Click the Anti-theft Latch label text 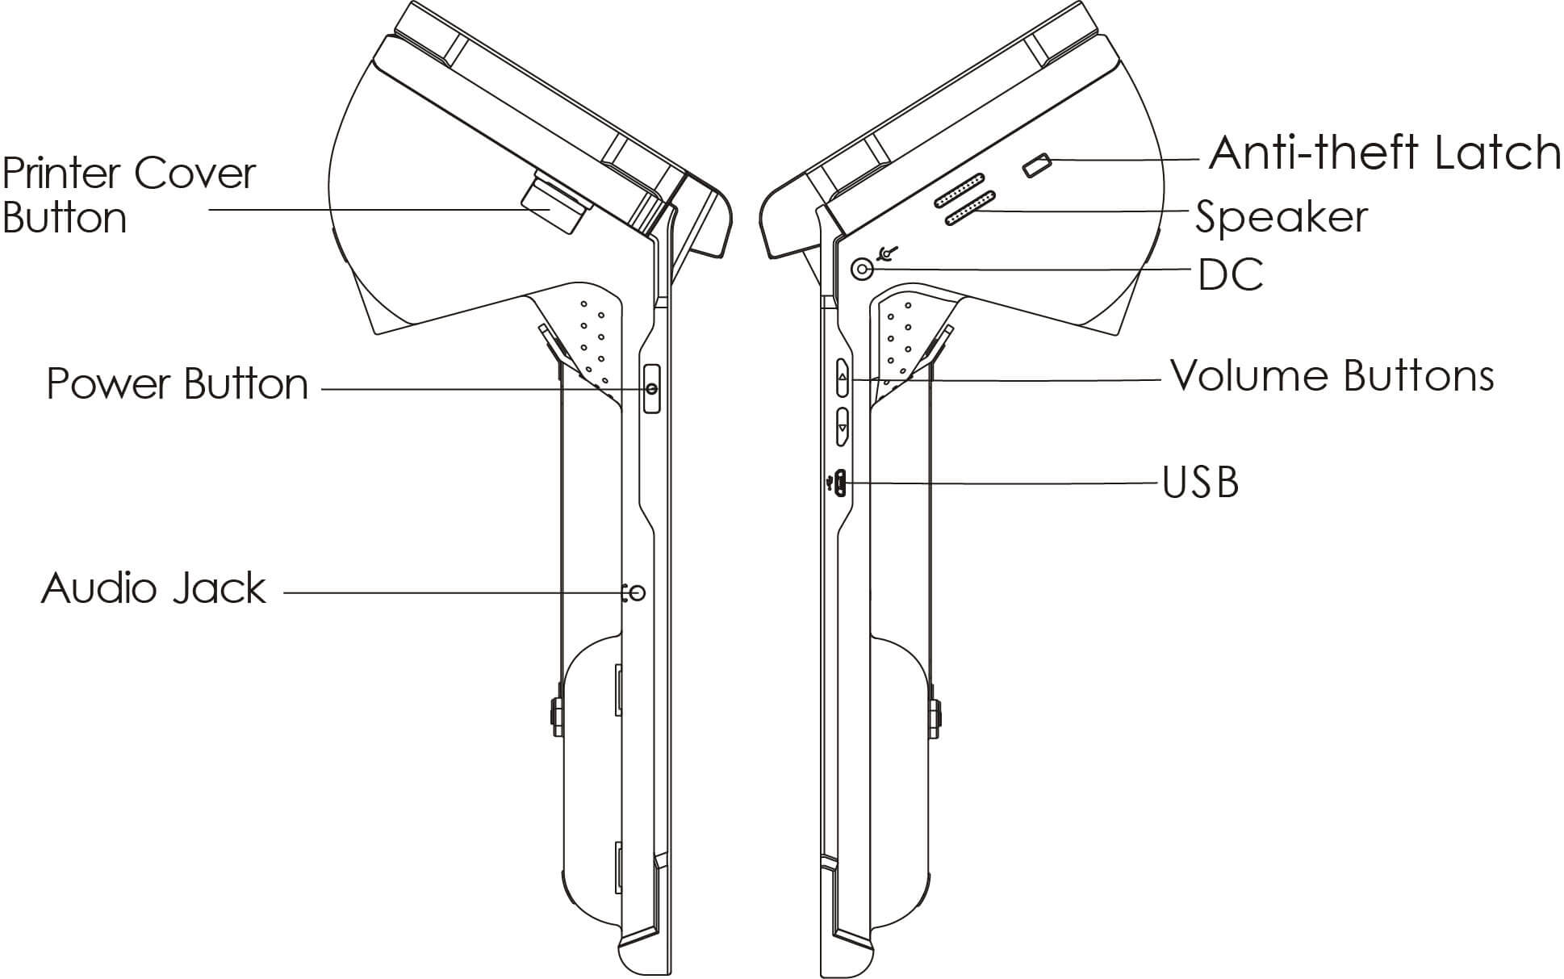click(x=1384, y=153)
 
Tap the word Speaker click(x=1281, y=217)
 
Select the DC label click(x=1230, y=274)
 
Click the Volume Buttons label click(x=1332, y=376)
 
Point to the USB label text click(x=1200, y=483)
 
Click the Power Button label click(x=178, y=384)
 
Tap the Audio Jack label click(x=153, y=588)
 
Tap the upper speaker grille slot click(x=960, y=190)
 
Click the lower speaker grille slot click(x=970, y=209)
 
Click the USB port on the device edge click(x=841, y=483)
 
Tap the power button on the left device click(x=651, y=389)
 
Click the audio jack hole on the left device click(x=638, y=593)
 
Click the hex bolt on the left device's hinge click(x=556, y=713)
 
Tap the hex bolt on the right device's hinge click(x=936, y=713)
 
